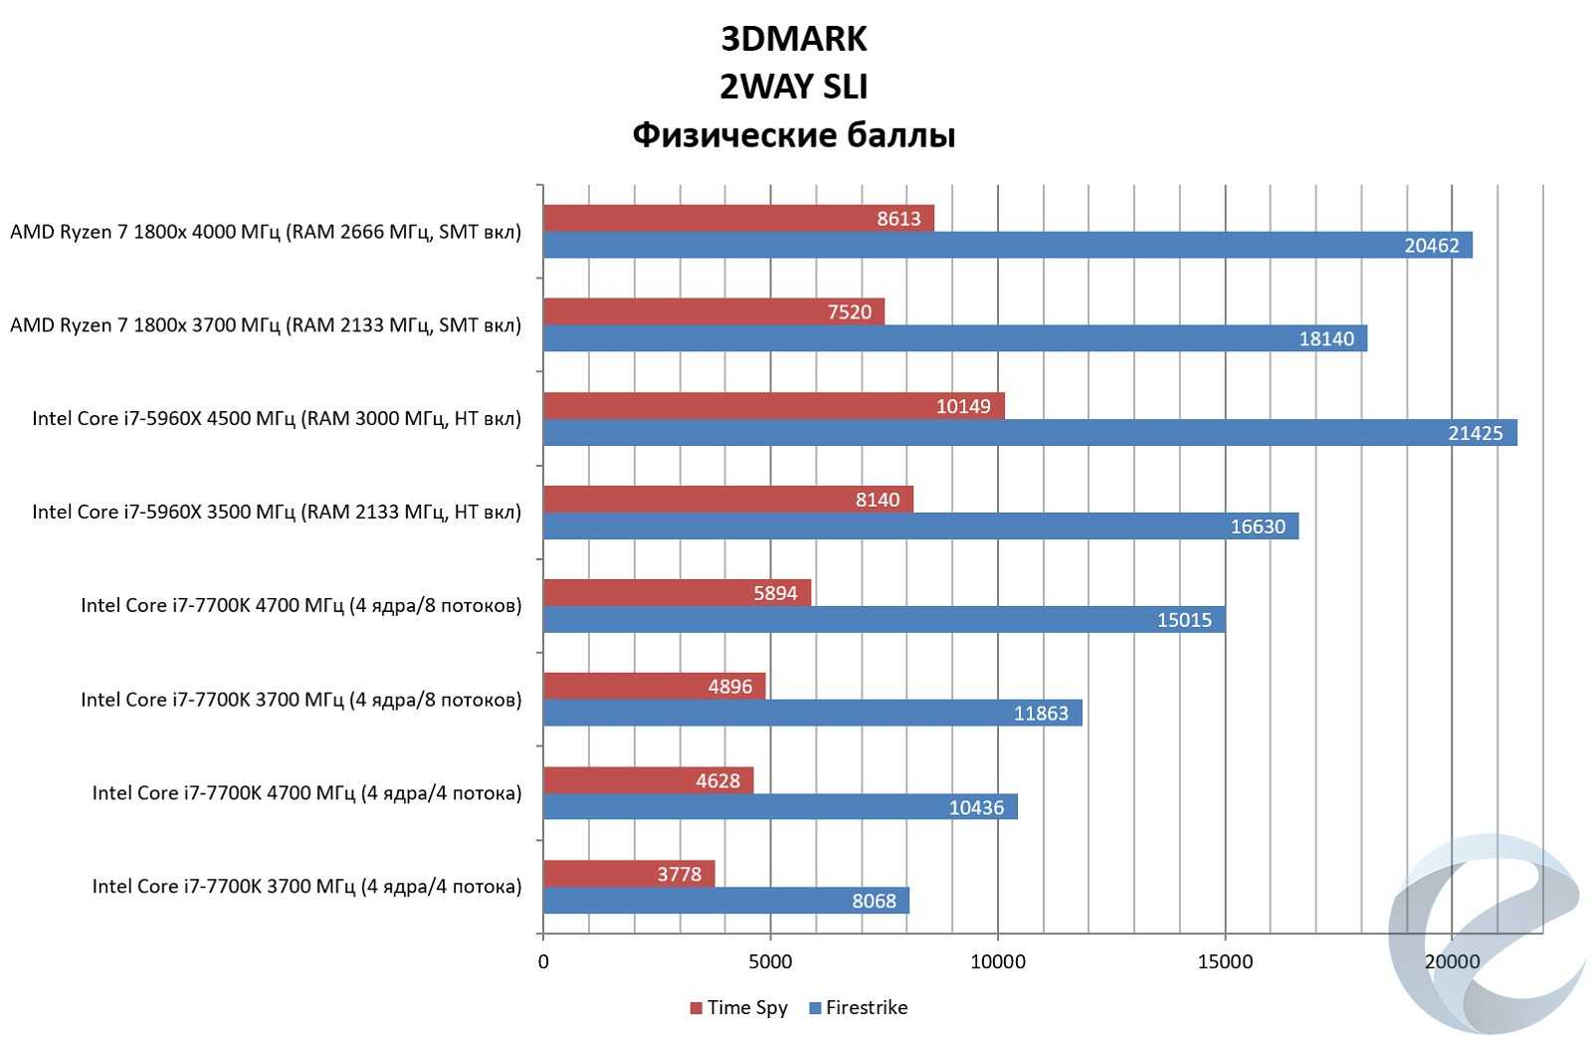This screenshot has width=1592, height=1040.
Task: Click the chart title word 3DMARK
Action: [x=793, y=39]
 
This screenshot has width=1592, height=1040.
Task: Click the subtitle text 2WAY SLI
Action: [x=793, y=87]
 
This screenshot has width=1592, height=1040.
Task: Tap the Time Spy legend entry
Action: [x=738, y=1007]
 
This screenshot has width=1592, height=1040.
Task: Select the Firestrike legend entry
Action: [x=858, y=1007]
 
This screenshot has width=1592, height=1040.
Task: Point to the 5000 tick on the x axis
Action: [x=770, y=961]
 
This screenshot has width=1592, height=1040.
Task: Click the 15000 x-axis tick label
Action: [x=1225, y=961]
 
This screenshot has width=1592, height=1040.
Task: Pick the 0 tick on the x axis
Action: [x=543, y=961]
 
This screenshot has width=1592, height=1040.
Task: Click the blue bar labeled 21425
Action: [x=1030, y=432]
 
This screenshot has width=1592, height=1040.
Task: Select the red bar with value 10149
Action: [x=773, y=405]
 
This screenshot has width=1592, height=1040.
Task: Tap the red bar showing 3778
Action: [x=629, y=874]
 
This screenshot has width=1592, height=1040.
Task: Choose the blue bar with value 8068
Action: [x=725, y=901]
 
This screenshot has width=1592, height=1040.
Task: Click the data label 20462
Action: [x=1431, y=245]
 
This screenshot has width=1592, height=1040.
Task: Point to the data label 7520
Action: [x=849, y=312]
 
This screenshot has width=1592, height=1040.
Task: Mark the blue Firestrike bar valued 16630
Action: [x=920, y=525]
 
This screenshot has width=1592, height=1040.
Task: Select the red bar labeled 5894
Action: [x=677, y=592]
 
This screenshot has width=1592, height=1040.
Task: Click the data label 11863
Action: [x=1041, y=713]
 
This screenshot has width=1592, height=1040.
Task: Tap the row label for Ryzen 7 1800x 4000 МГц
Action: [x=266, y=232]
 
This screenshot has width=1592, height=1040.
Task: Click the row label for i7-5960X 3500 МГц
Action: [x=277, y=512]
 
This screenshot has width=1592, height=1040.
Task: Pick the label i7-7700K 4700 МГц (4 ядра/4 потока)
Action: [x=306, y=793]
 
